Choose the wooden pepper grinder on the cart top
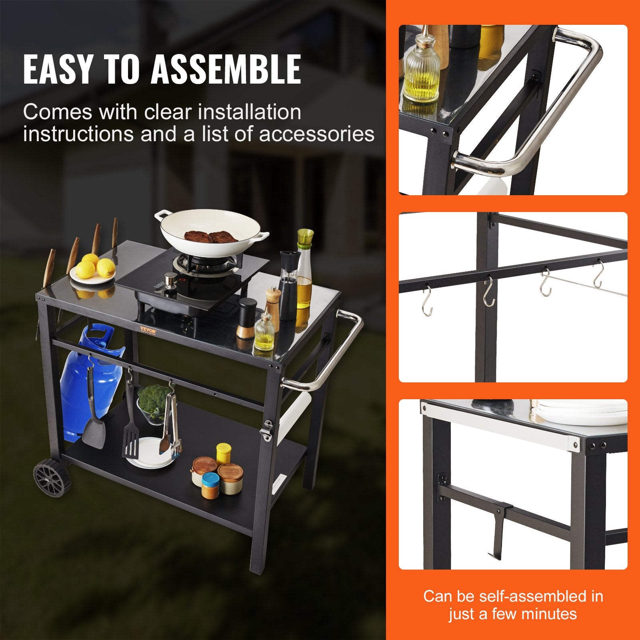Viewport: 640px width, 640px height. point(273,308)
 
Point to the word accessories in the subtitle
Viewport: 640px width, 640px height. point(317,134)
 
